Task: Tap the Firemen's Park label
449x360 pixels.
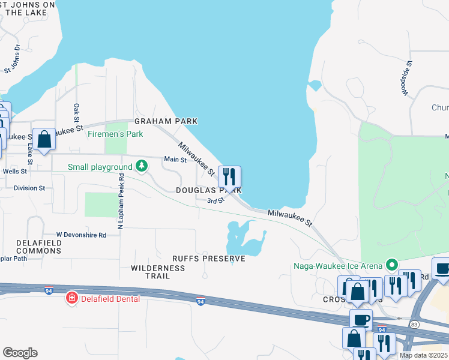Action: (x=115, y=134)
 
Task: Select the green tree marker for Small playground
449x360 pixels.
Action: (x=141, y=165)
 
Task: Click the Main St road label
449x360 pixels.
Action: (x=175, y=159)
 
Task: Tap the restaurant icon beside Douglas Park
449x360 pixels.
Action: (x=229, y=177)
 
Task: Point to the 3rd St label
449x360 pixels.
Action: (x=215, y=200)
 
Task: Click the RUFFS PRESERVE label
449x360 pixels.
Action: (x=208, y=259)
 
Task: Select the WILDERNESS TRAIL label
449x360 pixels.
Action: (x=158, y=272)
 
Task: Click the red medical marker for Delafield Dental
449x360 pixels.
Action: (x=72, y=298)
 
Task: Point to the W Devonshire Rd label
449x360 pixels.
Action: (x=81, y=235)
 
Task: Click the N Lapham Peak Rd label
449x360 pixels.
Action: (x=121, y=201)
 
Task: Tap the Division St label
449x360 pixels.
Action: (x=29, y=188)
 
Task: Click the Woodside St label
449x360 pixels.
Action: (x=407, y=78)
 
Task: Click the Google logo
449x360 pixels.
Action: (x=20, y=352)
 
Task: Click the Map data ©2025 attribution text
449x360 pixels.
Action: (x=423, y=355)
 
